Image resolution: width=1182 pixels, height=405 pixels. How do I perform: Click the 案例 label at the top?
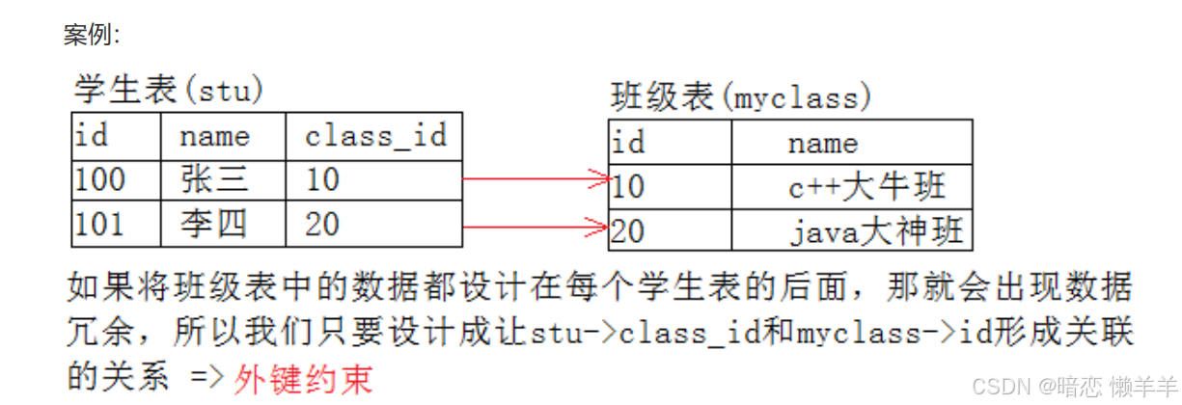[92, 36]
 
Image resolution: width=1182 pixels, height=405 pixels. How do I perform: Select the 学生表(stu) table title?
[169, 91]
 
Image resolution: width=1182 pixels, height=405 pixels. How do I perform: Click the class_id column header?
[375, 136]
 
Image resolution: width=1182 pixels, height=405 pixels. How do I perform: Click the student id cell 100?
[100, 180]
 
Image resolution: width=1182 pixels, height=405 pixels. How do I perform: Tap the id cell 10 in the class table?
[628, 186]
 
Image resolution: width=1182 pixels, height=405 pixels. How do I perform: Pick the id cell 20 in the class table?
[628, 231]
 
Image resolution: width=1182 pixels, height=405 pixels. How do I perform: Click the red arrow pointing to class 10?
[536, 178]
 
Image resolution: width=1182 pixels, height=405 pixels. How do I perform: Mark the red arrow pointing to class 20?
[536, 228]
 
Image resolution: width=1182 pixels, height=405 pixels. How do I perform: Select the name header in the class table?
[822, 144]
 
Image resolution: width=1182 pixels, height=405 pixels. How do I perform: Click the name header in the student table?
[214, 136]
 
